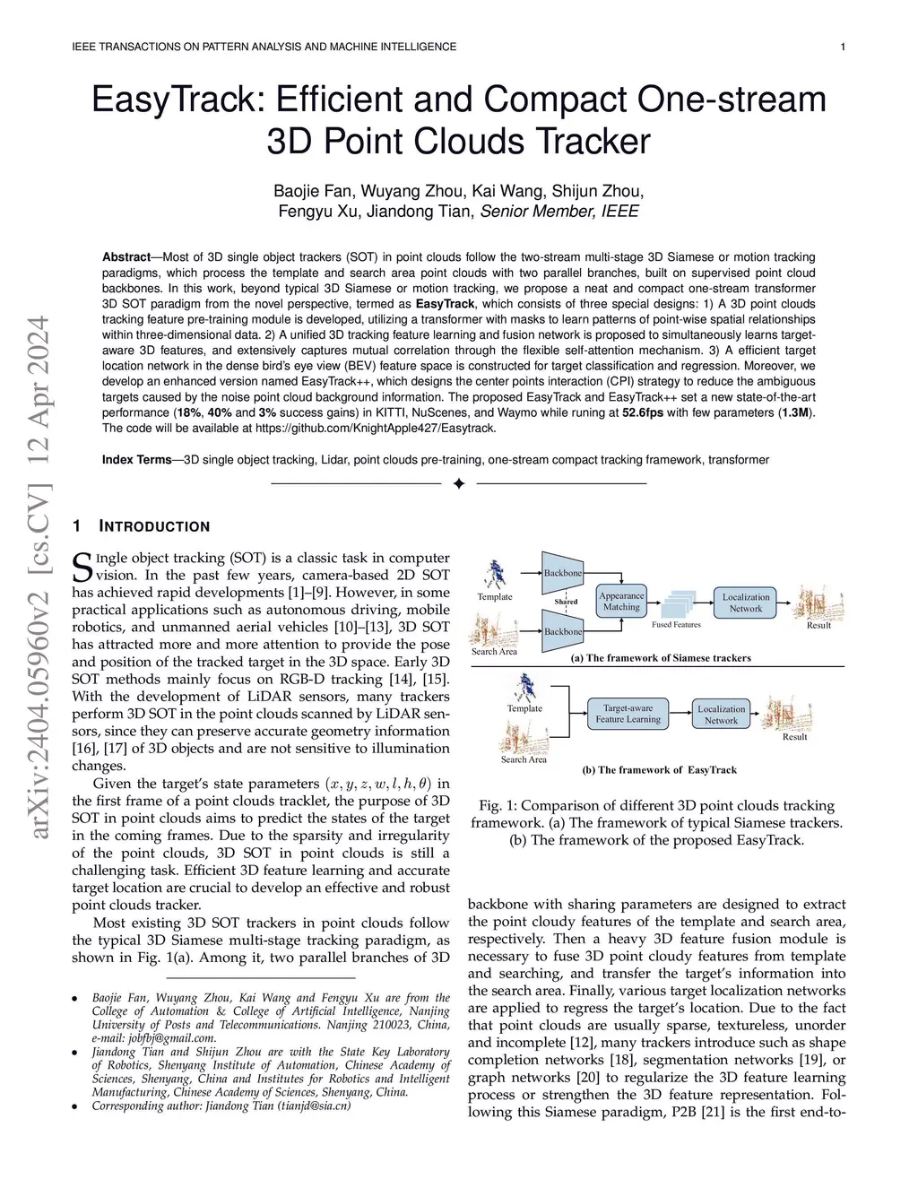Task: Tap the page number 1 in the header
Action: click(x=843, y=47)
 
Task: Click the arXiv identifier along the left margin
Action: click(x=40, y=578)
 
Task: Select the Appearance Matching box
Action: click(x=621, y=602)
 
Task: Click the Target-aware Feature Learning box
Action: click(x=628, y=714)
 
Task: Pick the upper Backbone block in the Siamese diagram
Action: click(x=562, y=573)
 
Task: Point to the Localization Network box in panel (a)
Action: click(x=745, y=603)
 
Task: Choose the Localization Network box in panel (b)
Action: click(x=721, y=715)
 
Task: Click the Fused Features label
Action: click(x=676, y=625)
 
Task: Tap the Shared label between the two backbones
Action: click(x=566, y=602)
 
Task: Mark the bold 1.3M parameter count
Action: click(x=794, y=412)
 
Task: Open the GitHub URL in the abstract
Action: click(x=376, y=428)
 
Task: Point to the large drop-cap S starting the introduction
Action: click(x=82, y=566)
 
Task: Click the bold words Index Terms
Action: click(x=136, y=460)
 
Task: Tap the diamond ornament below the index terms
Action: click(x=459, y=484)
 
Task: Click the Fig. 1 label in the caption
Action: click(x=497, y=806)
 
